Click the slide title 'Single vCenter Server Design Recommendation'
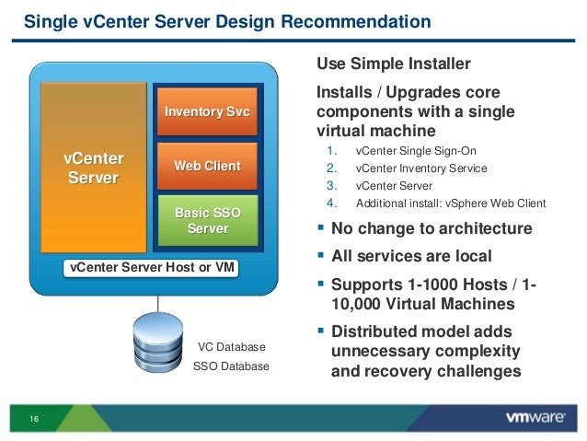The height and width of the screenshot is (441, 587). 226,20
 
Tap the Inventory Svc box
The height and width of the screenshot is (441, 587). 207,111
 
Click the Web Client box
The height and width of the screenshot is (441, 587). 207,166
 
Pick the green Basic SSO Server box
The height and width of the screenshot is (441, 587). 207,220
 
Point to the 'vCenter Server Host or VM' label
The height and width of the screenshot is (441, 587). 149,268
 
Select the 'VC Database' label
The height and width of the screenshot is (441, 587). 232,347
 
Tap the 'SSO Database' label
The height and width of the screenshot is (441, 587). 231,366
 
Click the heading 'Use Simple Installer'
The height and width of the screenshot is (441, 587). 393,64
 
